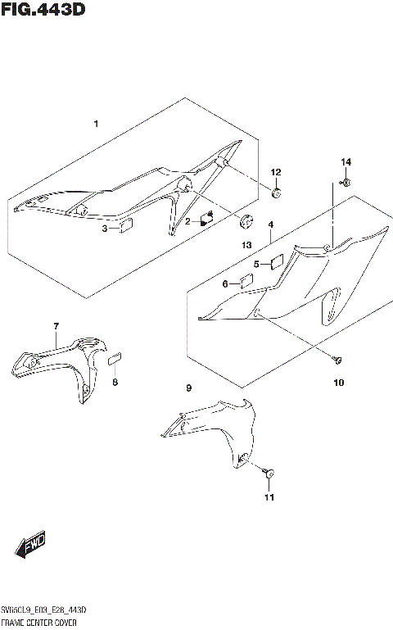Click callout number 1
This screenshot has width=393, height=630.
click(x=96, y=124)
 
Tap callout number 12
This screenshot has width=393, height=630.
click(x=276, y=172)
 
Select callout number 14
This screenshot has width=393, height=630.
click(x=345, y=161)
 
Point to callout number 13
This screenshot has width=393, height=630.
click(x=245, y=245)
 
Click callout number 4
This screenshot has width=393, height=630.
click(x=270, y=224)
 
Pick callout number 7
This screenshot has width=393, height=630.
click(x=56, y=327)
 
